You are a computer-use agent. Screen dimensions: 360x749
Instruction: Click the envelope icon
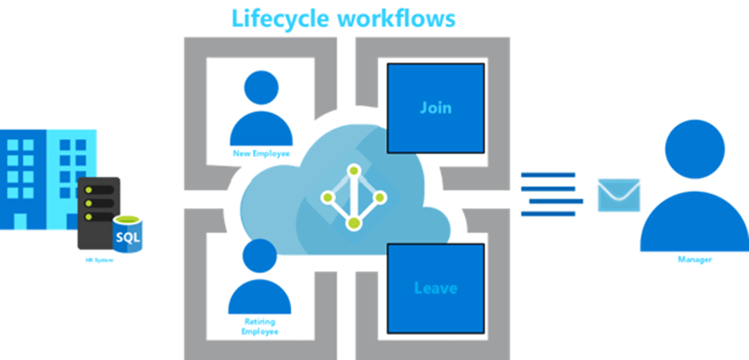[619, 195]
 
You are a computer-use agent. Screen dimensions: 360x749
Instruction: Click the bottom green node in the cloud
[352, 223]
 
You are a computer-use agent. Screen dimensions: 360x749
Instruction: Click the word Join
[435, 107]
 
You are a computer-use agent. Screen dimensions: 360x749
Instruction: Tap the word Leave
[435, 288]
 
